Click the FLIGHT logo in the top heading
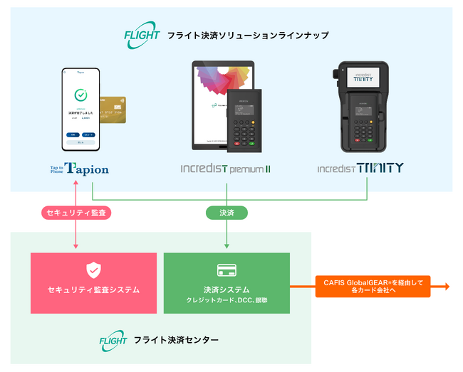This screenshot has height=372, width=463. pyautogui.click(x=142, y=36)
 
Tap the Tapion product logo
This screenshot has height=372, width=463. pyautogui.click(x=79, y=169)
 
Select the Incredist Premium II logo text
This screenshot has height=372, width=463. pyautogui.click(x=225, y=169)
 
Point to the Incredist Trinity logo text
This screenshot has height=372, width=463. pyautogui.click(x=360, y=168)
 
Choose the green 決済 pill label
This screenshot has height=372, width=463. pyautogui.click(x=227, y=212)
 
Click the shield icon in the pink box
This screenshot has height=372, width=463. pyautogui.click(x=93, y=270)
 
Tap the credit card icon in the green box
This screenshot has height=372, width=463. pyautogui.click(x=227, y=270)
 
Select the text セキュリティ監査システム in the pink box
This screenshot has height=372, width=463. pyautogui.click(x=93, y=289)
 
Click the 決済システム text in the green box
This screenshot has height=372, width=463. pyautogui.click(x=227, y=289)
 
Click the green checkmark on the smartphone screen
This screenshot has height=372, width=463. pyautogui.click(x=80, y=95)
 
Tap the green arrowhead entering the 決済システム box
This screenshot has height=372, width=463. pyautogui.click(x=227, y=246)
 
